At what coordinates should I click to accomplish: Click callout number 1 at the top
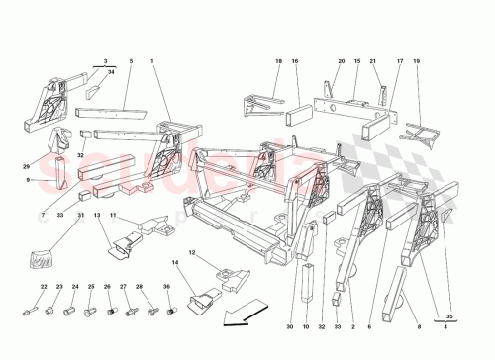(153, 61)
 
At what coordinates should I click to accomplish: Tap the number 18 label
(279, 61)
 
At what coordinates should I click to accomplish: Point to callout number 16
(295, 61)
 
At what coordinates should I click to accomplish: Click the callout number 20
(341, 61)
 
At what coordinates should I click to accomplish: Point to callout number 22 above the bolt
(44, 287)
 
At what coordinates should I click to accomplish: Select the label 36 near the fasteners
(168, 287)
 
